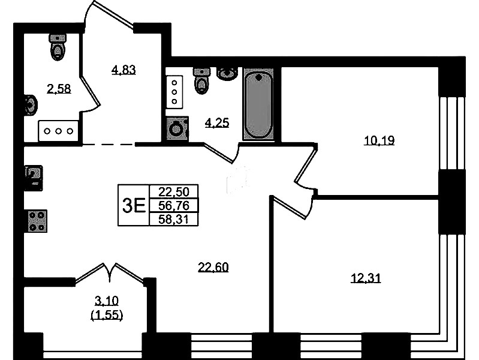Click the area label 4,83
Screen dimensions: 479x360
(123, 70)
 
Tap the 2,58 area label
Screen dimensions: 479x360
(59, 89)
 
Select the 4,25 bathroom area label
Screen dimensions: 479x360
(217, 122)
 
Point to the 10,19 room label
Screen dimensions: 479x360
(379, 140)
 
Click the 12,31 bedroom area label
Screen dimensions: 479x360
(366, 278)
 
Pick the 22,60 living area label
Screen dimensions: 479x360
(213, 268)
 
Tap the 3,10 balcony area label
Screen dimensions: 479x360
(107, 301)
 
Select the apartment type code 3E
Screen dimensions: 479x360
(134, 205)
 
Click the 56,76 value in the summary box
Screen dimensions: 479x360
(174, 206)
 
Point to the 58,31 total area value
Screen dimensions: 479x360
(173, 220)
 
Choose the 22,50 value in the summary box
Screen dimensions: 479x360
(174, 192)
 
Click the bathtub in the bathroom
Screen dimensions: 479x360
(259, 104)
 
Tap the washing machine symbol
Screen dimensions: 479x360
(177, 129)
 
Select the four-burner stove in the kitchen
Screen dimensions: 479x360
(37, 221)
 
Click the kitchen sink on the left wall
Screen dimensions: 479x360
(34, 178)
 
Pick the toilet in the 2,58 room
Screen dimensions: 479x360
(57, 47)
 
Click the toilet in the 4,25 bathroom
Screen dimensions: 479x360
(201, 81)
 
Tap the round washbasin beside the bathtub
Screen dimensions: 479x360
(227, 74)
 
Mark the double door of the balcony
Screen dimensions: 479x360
(109, 273)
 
